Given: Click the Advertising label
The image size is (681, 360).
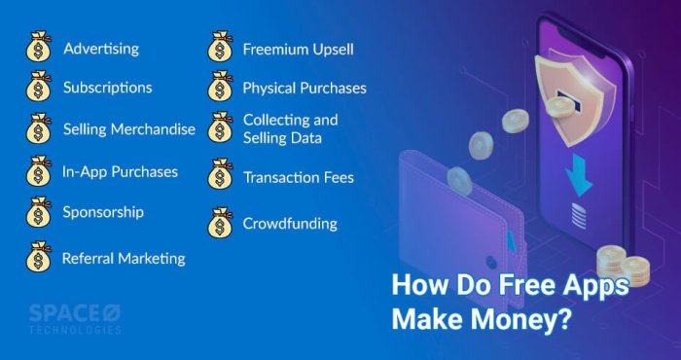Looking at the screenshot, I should tap(101, 48).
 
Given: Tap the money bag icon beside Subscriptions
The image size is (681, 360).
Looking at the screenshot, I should tap(38, 88).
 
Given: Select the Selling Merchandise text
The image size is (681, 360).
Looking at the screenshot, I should tap(129, 129).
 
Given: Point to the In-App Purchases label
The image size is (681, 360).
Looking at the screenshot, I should tap(120, 171).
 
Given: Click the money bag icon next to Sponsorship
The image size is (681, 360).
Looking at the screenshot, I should tap(38, 212).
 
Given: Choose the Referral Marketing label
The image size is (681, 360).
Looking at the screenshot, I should tap(123, 259).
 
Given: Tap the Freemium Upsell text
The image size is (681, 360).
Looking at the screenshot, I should tap(298, 48).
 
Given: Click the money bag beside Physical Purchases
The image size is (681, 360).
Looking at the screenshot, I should tap(220, 88).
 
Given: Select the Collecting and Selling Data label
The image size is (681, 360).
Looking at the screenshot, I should tap(290, 128).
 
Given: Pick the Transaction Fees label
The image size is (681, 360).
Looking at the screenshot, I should tap(298, 178).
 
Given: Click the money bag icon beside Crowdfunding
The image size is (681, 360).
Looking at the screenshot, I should tap(220, 223).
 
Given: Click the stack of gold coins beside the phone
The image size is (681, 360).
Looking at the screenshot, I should tap(623, 265).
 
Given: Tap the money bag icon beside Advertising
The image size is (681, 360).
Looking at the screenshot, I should tap(38, 48).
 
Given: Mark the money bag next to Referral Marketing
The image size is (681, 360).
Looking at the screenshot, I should tap(38, 258).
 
